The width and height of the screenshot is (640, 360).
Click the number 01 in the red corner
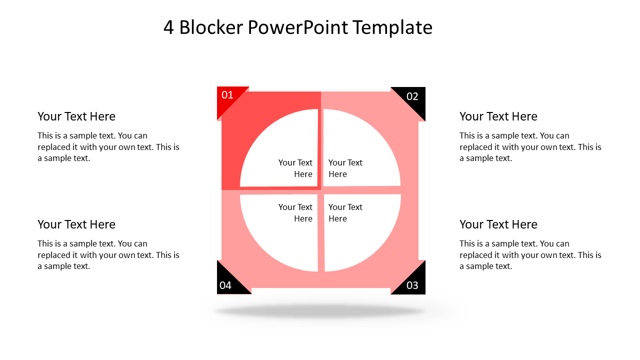point(227,95)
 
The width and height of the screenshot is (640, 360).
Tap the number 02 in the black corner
point(412,96)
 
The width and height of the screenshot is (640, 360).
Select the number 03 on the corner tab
point(412,285)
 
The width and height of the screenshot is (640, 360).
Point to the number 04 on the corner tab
point(225,285)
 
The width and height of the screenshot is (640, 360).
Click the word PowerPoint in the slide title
point(298,27)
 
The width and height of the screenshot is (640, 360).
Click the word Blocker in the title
point(211,27)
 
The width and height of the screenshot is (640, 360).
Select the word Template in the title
point(392,28)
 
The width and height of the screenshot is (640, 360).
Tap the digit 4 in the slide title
point(168,27)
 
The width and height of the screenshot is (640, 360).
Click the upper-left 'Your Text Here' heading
point(76,116)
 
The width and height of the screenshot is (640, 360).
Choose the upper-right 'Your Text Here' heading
point(498,116)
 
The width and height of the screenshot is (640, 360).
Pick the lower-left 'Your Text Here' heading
point(76,224)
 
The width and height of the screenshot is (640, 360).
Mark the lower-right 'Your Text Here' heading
point(498,224)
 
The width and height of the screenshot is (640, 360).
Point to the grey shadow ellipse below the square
point(320,311)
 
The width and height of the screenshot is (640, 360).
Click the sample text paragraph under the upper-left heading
point(108,147)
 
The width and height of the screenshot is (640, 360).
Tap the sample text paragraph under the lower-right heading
point(530,255)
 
